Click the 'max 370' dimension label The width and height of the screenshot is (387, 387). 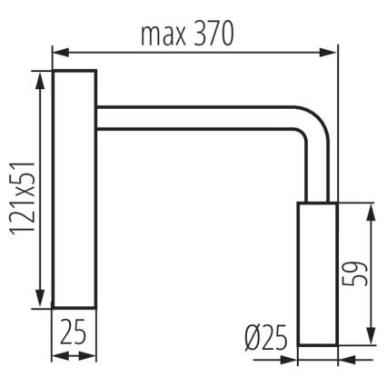(x=186, y=34)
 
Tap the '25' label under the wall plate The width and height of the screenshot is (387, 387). (x=74, y=332)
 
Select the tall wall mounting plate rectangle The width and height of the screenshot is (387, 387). (x=74, y=189)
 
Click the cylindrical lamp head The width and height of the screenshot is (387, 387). (x=317, y=273)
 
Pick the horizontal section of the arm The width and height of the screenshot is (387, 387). (x=200, y=118)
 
